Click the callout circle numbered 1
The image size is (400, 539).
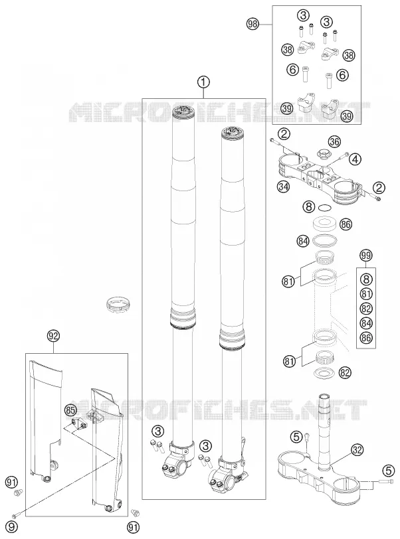tap(203, 82)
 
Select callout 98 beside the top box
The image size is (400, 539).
tap(253, 24)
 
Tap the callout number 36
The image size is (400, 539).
tap(334, 141)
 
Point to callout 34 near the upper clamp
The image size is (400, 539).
tap(284, 187)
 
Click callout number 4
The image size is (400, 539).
tap(355, 159)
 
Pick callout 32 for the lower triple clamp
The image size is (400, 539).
tap(357, 449)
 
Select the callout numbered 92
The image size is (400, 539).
tap(54, 336)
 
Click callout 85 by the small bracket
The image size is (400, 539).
tap(70, 410)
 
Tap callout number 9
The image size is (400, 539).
tap(11, 526)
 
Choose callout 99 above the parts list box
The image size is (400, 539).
tap(366, 256)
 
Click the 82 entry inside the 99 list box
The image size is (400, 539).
tap(366, 309)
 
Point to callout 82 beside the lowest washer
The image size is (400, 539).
tap(345, 372)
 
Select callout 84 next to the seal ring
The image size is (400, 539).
tap(302, 242)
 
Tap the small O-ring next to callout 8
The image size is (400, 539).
tap(325, 207)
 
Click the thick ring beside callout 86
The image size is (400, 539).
tap(325, 224)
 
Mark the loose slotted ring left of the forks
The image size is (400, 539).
tap(118, 303)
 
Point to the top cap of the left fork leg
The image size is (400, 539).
tap(184, 112)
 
